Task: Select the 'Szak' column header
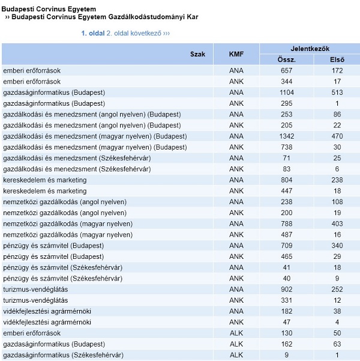pyautogui.click(x=197, y=54)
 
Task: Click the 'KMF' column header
pyautogui.click(x=236, y=54)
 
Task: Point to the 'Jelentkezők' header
pyautogui.click(x=310, y=49)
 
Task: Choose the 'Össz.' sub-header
pyautogui.click(x=286, y=60)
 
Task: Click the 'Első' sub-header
pyautogui.click(x=337, y=60)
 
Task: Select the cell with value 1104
pyautogui.click(x=286, y=93)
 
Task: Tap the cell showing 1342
pyautogui.click(x=286, y=136)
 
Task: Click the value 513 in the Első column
pyautogui.click(x=337, y=93)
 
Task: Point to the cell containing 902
pyautogui.click(x=286, y=290)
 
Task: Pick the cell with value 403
pyautogui.click(x=337, y=224)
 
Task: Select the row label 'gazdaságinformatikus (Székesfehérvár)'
pyautogui.click(x=63, y=355)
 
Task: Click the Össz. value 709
pyautogui.click(x=286, y=246)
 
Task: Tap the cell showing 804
pyautogui.click(x=286, y=180)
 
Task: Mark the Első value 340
pyautogui.click(x=337, y=246)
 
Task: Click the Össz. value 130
pyautogui.click(x=286, y=333)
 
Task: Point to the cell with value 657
pyautogui.click(x=286, y=71)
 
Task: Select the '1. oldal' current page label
pyautogui.click(x=93, y=34)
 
